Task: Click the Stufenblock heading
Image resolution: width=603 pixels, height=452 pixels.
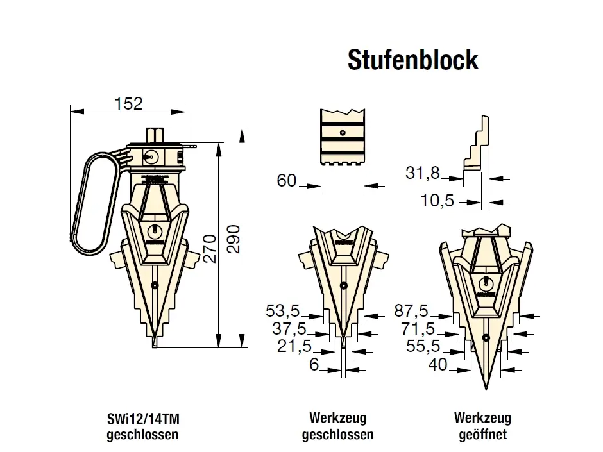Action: click(413, 60)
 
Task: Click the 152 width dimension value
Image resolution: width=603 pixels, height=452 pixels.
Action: click(128, 103)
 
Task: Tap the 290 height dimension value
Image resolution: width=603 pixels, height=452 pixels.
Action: click(234, 239)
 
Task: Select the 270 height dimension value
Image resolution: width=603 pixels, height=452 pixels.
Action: click(210, 248)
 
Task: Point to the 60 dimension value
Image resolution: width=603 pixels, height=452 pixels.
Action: click(287, 180)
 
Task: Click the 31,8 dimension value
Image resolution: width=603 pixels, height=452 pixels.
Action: click(422, 173)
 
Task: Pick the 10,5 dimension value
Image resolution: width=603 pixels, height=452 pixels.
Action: click(437, 201)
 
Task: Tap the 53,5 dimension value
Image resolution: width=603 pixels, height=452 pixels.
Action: click(282, 311)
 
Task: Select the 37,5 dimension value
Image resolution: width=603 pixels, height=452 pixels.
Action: click(289, 329)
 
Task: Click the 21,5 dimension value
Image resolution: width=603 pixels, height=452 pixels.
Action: click(294, 346)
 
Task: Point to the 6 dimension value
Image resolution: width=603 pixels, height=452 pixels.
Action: click(314, 364)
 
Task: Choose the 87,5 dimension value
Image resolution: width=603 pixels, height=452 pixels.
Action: click(411, 310)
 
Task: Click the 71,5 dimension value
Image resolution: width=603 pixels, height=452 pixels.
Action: click(418, 329)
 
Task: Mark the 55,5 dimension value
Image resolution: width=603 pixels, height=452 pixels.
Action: click(423, 346)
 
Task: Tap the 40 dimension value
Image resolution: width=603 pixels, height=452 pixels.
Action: click(437, 364)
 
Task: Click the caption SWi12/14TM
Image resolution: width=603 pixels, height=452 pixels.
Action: click(143, 419)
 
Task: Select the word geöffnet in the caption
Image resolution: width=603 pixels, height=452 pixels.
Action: click(482, 435)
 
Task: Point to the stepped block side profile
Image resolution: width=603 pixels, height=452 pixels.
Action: click(476, 142)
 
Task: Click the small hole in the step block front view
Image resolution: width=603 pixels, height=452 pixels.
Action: click(343, 133)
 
